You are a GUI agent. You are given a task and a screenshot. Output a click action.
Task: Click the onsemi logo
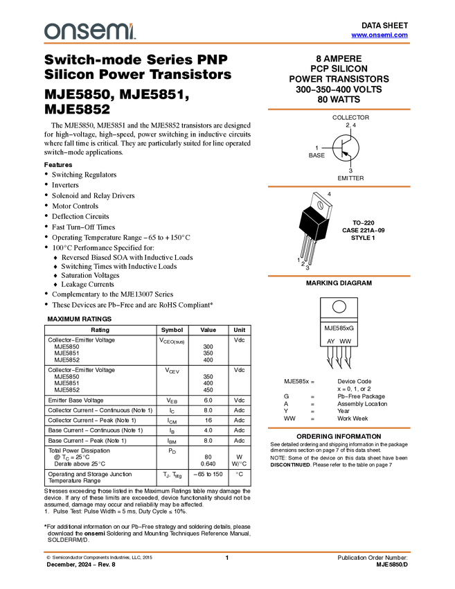click(x=89, y=31)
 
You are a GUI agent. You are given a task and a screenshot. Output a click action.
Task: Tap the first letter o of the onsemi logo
click(x=50, y=31)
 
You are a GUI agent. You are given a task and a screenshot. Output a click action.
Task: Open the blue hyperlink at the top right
click(x=380, y=35)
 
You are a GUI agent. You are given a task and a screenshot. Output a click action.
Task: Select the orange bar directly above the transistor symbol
click(x=339, y=109)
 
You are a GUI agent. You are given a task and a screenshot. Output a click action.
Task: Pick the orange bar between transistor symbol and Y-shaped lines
click(x=339, y=186)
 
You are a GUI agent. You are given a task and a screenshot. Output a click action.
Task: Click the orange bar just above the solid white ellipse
click(x=339, y=276)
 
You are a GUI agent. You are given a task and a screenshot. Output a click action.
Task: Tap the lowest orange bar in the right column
click(x=339, y=428)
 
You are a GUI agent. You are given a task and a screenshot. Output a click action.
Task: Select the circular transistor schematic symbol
click(x=346, y=148)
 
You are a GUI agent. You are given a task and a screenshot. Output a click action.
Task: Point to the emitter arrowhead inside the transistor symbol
click(x=346, y=155)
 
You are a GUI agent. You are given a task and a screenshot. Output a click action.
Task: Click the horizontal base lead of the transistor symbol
click(x=338, y=148)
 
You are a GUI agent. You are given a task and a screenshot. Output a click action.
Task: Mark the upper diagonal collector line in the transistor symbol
click(x=348, y=141)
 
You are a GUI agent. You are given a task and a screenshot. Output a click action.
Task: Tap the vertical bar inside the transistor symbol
click(x=343, y=148)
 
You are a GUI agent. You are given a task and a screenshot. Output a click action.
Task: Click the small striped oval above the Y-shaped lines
click(x=320, y=205)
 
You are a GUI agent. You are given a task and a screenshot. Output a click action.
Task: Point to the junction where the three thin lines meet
click(x=319, y=225)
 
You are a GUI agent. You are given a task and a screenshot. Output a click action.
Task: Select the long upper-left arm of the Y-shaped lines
click(x=310, y=217)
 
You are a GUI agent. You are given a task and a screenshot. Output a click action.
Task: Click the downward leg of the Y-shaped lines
click(x=316, y=234)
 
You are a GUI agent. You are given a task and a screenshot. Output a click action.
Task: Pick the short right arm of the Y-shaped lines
click(x=323, y=222)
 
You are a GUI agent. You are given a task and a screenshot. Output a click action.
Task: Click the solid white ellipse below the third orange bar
click(x=339, y=306)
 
